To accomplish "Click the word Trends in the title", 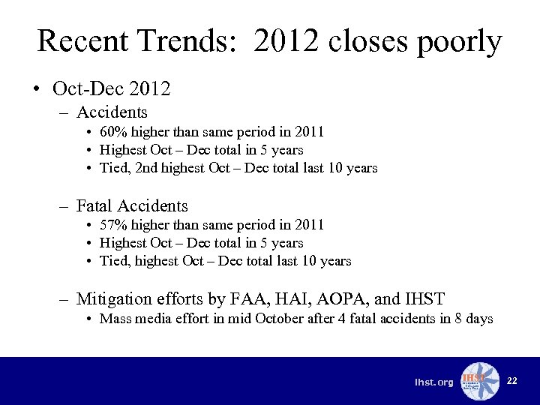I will pos(191,41).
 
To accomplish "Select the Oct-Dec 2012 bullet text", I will pos(112,88).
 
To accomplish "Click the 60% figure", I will pos(114,132).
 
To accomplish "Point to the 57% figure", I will pos(114,225).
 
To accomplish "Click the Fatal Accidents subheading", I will pos(132,205).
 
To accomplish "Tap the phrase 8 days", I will pos(472,319).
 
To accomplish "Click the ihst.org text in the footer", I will pos(434,382).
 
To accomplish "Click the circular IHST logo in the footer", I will pos(480,382).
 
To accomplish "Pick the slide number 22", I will pos(511,381).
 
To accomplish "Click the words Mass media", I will pos(131,319).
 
